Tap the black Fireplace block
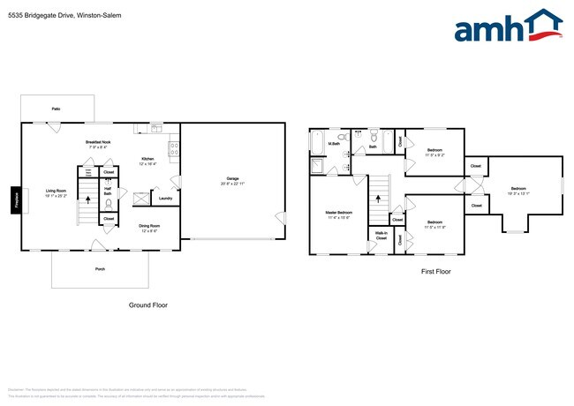15,199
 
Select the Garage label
233,179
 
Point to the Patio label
56,109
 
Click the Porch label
101,269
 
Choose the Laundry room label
165,199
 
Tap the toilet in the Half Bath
108,201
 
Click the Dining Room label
149,226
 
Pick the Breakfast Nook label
98,142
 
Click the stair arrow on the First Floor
378,199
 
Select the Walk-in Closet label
381,236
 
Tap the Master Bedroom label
338,213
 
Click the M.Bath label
335,143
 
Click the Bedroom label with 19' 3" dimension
518,188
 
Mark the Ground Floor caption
148,304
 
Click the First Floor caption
434,272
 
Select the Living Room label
56,189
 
